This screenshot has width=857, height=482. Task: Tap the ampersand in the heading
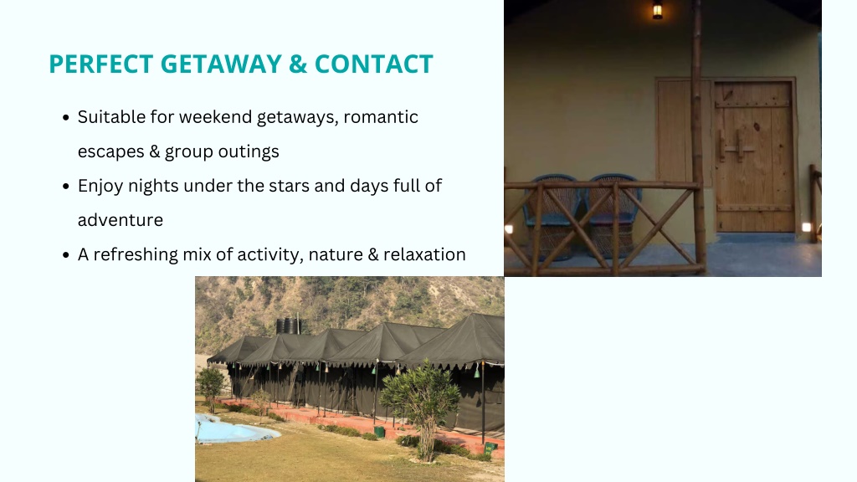tap(297, 64)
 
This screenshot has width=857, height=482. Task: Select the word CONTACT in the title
tap(374, 64)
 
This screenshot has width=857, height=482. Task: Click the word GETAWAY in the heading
tap(221, 64)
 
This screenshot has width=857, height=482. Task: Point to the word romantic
tap(381, 117)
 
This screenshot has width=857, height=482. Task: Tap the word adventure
tap(121, 220)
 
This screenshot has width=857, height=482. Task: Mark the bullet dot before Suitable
tap(66, 117)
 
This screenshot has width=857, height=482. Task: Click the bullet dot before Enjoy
tap(66, 187)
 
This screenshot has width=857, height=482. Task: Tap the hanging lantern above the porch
tap(658, 9)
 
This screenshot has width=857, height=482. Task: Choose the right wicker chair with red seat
tap(613, 215)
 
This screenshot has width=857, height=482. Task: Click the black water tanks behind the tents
tap(289, 326)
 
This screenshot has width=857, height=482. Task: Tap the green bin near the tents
tap(379, 432)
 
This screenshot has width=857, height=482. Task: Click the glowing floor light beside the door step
tap(806, 228)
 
